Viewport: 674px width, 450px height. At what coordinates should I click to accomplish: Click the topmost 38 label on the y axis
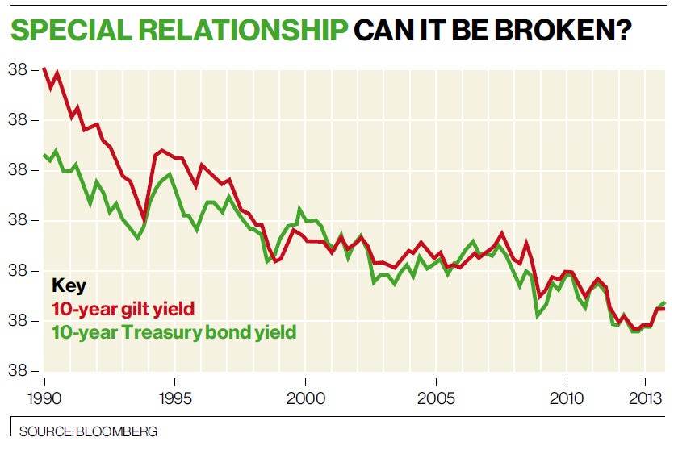click(x=19, y=70)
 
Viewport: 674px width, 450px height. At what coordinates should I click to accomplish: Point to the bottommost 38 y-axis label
click(x=19, y=371)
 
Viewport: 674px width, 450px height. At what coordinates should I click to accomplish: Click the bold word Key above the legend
click(x=69, y=285)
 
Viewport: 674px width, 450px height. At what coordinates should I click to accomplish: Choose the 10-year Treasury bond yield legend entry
click(x=174, y=331)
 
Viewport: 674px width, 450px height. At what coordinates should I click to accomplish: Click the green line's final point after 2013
click(x=664, y=302)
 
